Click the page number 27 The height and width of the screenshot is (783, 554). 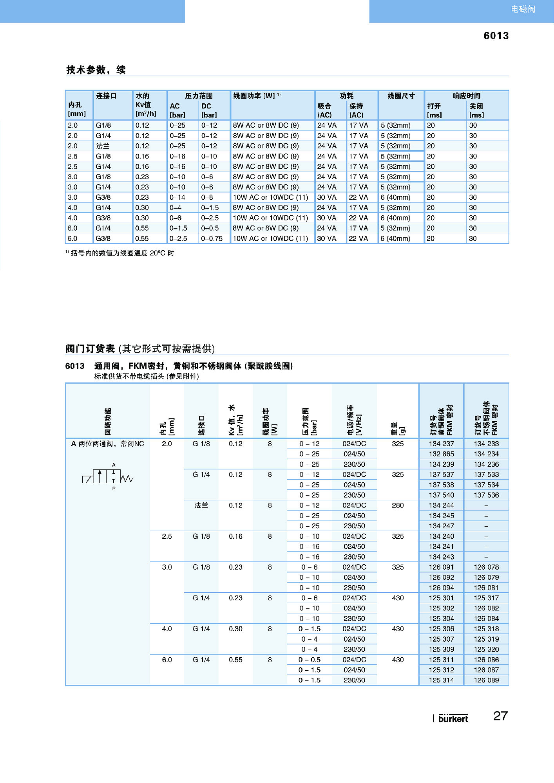pyautogui.click(x=500, y=716)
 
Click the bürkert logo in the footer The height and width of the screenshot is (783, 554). pyautogui.click(x=453, y=718)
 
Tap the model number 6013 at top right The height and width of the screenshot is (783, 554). pyautogui.click(x=496, y=36)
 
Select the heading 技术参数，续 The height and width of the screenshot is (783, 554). pyautogui.click(x=96, y=70)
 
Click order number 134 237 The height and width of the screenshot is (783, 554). pyautogui.click(x=441, y=444)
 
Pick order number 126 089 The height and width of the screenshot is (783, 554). pyautogui.click(x=486, y=680)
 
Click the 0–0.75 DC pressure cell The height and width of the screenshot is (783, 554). pyautogui.click(x=212, y=238)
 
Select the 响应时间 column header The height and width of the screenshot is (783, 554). pyautogui.click(x=466, y=96)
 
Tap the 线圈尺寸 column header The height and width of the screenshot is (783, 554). pyautogui.click(x=401, y=96)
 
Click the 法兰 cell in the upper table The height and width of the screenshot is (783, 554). pyautogui.click(x=103, y=146)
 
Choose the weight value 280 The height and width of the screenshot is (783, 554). pyautogui.click(x=398, y=505)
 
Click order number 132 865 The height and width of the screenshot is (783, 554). pyautogui.click(x=441, y=454)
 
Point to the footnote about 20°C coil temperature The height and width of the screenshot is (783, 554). pyautogui.click(x=120, y=253)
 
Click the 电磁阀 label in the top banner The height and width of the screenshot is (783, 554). pyautogui.click(x=523, y=9)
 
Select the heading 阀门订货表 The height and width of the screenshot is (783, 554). pyautogui.click(x=91, y=348)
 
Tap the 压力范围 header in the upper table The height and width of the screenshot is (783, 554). pyautogui.click(x=199, y=96)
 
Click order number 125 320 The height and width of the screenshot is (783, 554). pyautogui.click(x=486, y=649)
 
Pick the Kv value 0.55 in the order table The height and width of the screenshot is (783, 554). pyautogui.click(x=235, y=660)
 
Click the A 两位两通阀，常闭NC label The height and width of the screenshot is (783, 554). pyautogui.click(x=108, y=444)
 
